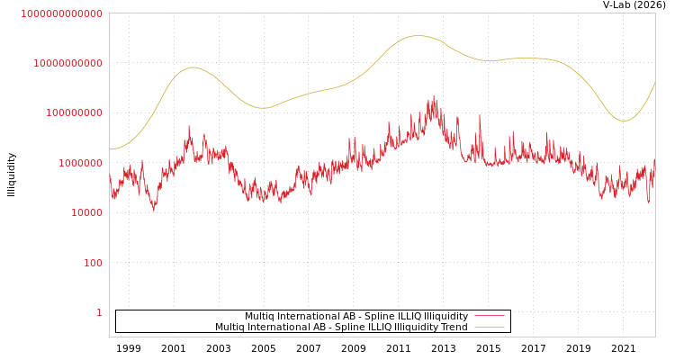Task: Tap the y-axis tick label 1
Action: [x=99, y=312]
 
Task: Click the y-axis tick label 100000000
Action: [x=75, y=113]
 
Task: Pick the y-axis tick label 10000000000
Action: [x=68, y=63]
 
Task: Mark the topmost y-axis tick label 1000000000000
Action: [x=62, y=13]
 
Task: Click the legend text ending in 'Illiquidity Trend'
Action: [x=341, y=328]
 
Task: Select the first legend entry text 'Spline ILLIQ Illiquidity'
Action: [x=356, y=317]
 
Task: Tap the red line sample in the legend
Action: [x=489, y=317]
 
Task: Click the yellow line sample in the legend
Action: [x=489, y=328]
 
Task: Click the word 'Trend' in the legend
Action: [x=453, y=328]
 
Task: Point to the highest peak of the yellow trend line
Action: [x=417, y=36]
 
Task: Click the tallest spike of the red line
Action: [x=434, y=95]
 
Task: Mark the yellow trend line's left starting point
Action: [x=110, y=149]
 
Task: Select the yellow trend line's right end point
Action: [x=654, y=83]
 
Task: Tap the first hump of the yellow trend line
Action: [x=193, y=67]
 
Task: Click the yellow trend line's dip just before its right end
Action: [x=624, y=121]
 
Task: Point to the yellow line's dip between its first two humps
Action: [x=262, y=108]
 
